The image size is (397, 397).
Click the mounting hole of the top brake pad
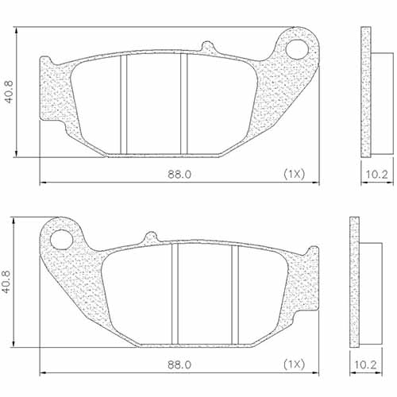(300, 49)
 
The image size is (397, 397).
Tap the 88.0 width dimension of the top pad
(178, 173)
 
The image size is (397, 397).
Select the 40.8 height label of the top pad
(9, 91)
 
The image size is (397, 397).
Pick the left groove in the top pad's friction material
(123, 103)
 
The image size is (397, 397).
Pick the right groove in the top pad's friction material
(182, 103)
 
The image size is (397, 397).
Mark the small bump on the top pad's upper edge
(208, 47)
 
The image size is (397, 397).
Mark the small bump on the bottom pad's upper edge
(150, 236)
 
